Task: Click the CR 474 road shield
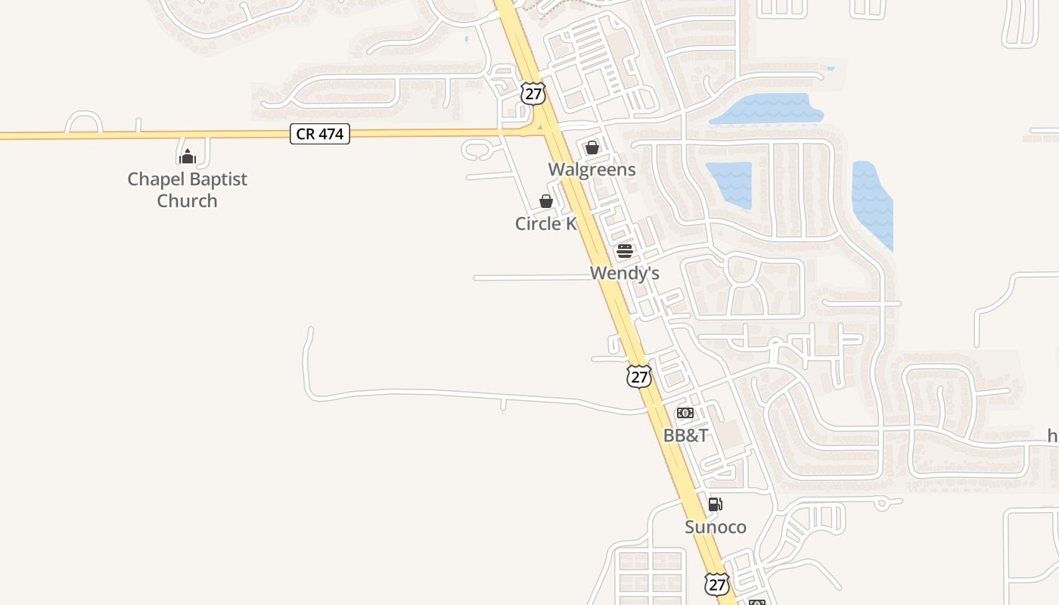coord(320,134)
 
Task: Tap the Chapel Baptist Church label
coord(188,190)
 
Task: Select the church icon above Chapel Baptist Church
coord(188,157)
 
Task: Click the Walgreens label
coord(592,169)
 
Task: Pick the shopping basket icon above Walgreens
coord(592,147)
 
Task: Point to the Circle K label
coord(545,224)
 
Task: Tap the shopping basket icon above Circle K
coord(545,201)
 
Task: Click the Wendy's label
coord(625,273)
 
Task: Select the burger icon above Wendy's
coord(625,251)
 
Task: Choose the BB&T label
coord(685,436)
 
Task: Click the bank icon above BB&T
coord(685,413)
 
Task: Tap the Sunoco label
coord(716,527)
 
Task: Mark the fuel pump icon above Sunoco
coord(716,504)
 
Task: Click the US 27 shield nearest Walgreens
coord(533,94)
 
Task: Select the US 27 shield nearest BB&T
coord(639,376)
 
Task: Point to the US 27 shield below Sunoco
coord(716,584)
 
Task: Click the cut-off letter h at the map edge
coord(1052,436)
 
